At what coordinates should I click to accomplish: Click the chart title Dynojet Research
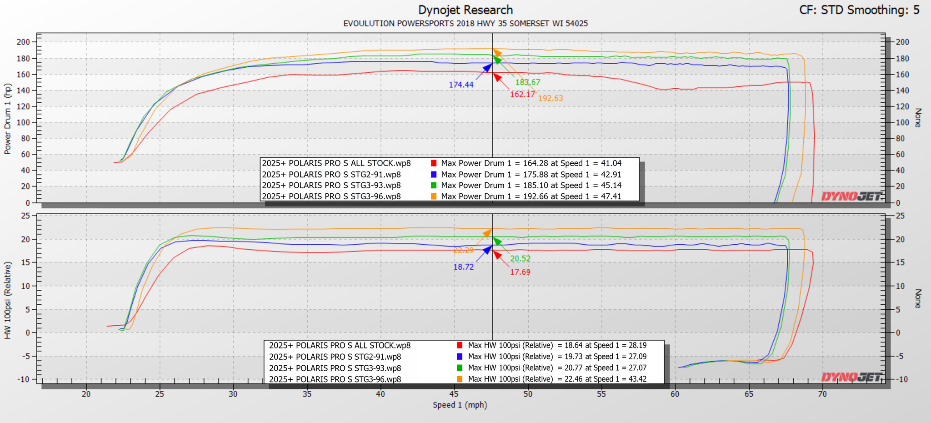(465, 10)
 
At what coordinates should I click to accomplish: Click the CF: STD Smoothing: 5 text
(859, 10)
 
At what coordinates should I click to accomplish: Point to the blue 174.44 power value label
(461, 85)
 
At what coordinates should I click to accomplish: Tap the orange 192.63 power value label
(551, 98)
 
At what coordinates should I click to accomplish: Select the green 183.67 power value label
(528, 82)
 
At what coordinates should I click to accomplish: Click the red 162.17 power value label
(522, 95)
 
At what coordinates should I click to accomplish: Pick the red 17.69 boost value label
(520, 272)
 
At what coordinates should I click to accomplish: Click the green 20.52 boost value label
(520, 259)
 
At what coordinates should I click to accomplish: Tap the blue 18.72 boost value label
(463, 267)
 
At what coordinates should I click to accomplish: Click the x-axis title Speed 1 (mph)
(460, 405)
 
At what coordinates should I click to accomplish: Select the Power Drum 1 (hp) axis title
(8, 119)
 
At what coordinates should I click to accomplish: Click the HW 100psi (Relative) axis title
(8, 300)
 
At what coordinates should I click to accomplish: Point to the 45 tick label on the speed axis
(454, 394)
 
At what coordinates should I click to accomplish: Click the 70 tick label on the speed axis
(822, 394)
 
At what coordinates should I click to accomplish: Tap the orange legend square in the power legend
(434, 196)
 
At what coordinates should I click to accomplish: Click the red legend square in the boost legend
(460, 346)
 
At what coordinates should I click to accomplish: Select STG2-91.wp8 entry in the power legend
(331, 175)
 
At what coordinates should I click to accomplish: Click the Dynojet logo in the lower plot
(851, 377)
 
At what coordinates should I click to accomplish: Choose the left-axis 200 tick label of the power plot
(23, 42)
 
